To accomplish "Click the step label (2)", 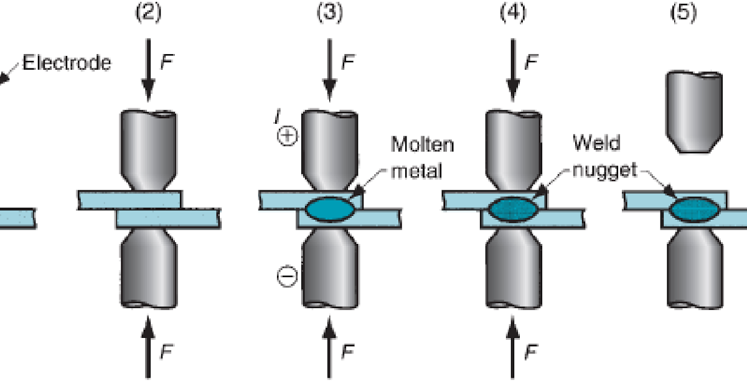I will pos(148,14).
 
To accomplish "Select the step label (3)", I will pos(330,14).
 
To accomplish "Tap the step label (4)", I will pos(512,14).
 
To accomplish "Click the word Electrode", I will pos(67,63).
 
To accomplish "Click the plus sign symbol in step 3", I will pos(286,138).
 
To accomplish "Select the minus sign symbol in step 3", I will pos(286,278).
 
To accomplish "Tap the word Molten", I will pos(422,145).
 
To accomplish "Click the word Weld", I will pos(597,143).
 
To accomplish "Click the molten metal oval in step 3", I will pos(331,209).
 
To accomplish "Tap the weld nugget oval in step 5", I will pos(695,209).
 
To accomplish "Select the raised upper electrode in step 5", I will pos(695,112).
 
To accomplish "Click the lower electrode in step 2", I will pos(148,268).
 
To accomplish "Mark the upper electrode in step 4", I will pos(512,146).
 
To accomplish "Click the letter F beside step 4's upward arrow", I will pos(531,352).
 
